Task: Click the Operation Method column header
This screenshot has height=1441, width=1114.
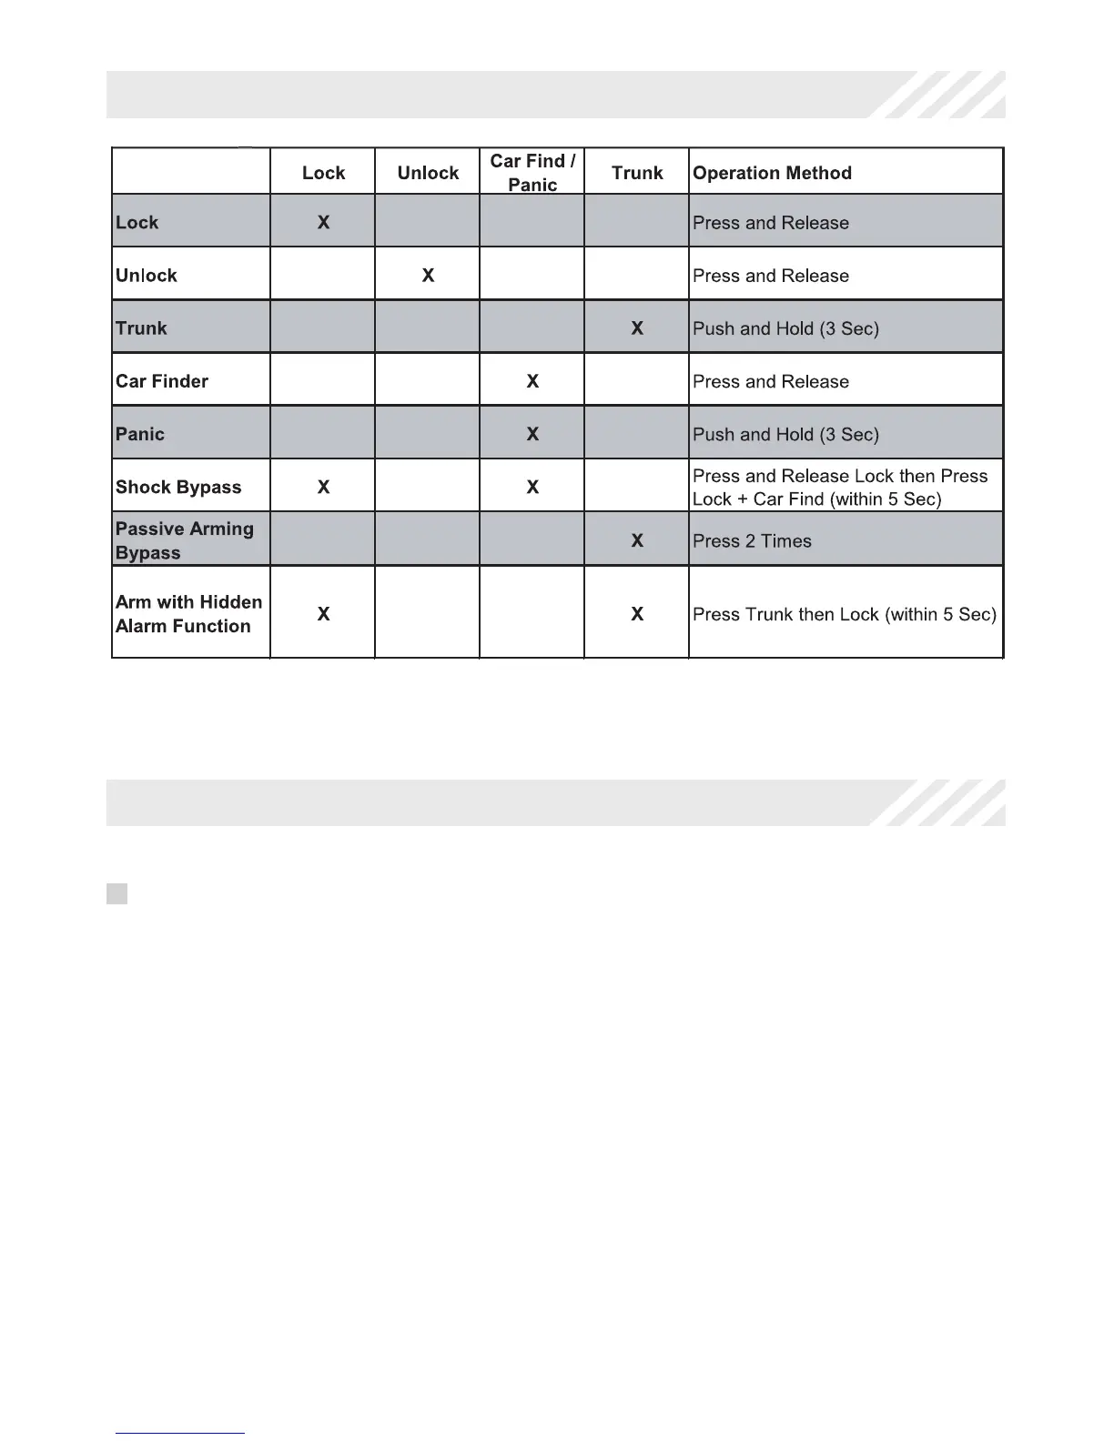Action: [x=772, y=173]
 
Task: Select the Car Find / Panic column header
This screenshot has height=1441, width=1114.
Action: [x=532, y=172]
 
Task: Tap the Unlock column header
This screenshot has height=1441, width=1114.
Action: [x=428, y=173]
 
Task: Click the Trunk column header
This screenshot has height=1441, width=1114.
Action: [x=637, y=173]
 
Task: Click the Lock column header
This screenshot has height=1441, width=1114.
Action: [x=323, y=173]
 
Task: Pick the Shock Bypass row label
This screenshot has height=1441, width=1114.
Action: [x=178, y=487]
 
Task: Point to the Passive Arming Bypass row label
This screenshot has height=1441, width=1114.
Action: [x=184, y=540]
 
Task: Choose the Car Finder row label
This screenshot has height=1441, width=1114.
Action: [x=162, y=381]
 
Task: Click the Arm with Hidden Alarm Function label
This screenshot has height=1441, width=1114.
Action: [x=188, y=614]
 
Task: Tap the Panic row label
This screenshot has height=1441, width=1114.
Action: [x=140, y=434]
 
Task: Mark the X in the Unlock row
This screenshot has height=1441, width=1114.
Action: [x=428, y=275]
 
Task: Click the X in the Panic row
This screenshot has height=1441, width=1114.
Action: [x=532, y=434]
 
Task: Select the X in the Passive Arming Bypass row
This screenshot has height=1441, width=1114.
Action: [x=637, y=540]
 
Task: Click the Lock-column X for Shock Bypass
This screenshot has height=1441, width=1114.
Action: [x=323, y=487]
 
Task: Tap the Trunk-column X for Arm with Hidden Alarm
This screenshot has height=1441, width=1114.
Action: [x=637, y=614]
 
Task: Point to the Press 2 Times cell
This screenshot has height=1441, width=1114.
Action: [x=752, y=541]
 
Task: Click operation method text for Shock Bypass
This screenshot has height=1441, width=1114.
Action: [x=839, y=488]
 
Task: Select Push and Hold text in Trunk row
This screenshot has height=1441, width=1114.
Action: [x=785, y=328]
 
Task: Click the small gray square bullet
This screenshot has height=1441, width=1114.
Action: [x=116, y=893]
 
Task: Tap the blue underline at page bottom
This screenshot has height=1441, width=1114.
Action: [x=180, y=1433]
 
